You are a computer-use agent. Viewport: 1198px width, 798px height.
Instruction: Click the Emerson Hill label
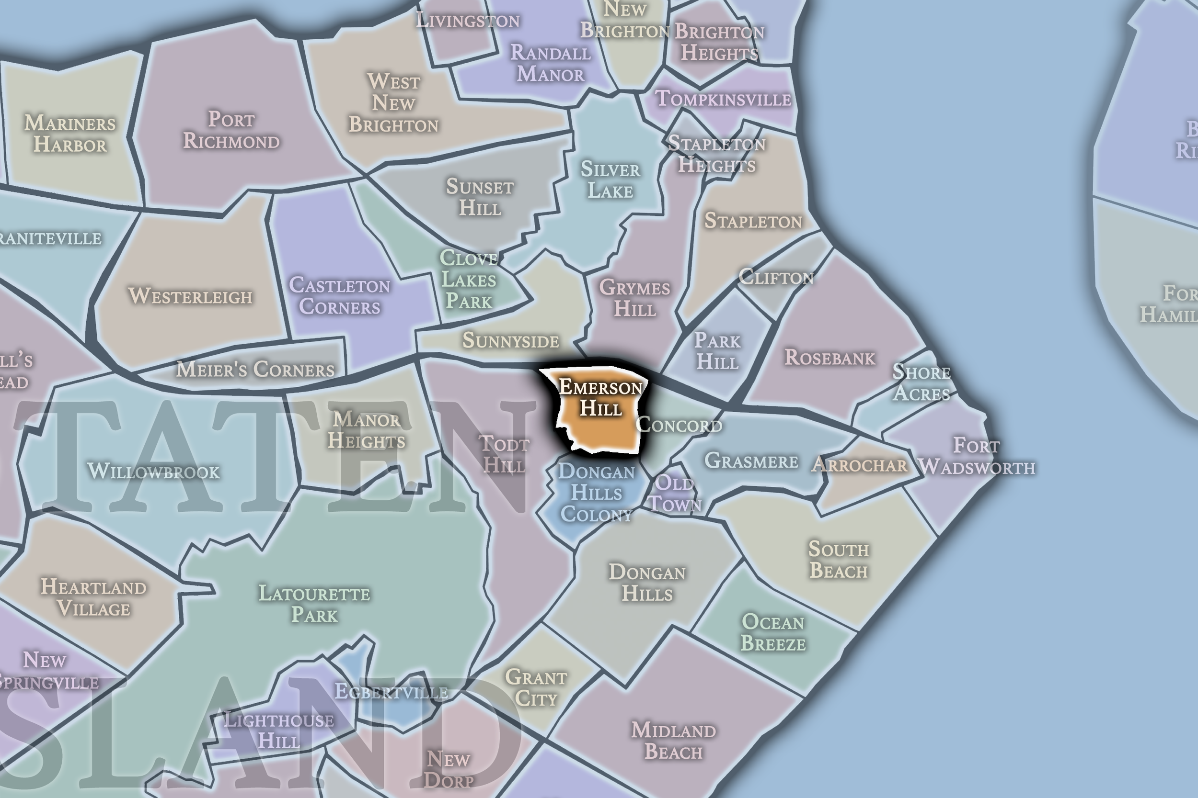pyautogui.click(x=601, y=398)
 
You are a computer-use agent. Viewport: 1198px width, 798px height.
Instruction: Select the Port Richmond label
pyautogui.click(x=231, y=130)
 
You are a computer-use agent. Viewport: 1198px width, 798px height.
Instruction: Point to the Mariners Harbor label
pyautogui.click(x=70, y=134)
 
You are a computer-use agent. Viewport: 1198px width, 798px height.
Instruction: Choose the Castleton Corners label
pyautogui.click(x=340, y=296)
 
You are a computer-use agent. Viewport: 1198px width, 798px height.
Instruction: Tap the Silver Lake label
pyautogui.click(x=610, y=180)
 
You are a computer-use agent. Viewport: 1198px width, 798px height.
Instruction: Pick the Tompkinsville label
pyautogui.click(x=723, y=99)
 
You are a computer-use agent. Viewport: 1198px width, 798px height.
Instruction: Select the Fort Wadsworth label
pyautogui.click(x=977, y=457)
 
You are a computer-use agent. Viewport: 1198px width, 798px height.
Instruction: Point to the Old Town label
pyautogui.click(x=674, y=493)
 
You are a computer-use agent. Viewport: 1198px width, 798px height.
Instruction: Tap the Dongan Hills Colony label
pyautogui.click(x=597, y=493)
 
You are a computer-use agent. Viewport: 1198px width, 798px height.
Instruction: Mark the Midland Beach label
pyautogui.click(x=673, y=741)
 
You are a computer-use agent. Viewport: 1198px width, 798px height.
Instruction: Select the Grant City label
pyautogui.click(x=536, y=687)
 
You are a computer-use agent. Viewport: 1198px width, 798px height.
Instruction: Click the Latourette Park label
pyautogui.click(x=314, y=604)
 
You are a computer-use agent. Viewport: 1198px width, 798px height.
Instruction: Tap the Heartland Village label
pyautogui.click(x=94, y=597)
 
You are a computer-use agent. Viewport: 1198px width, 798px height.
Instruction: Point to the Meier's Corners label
pyautogui.click(x=255, y=370)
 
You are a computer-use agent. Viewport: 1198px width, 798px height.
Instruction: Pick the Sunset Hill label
pyautogui.click(x=480, y=197)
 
